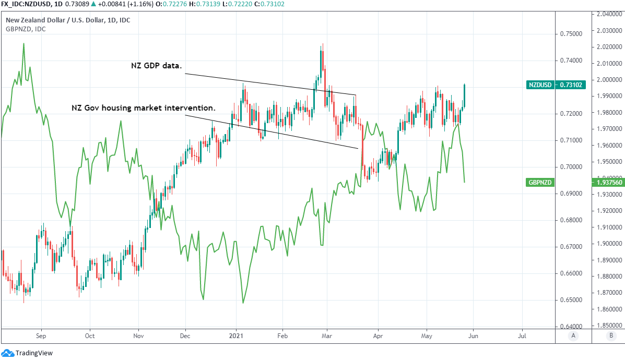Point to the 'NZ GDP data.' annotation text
[x=156, y=66]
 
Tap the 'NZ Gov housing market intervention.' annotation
[x=144, y=108]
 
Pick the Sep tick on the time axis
[x=41, y=337]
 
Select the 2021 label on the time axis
[x=237, y=337]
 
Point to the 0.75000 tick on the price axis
[x=571, y=34]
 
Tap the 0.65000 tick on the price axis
[x=571, y=300]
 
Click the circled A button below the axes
[x=573, y=337]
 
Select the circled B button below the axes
[x=610, y=337]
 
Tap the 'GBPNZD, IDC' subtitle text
[x=26, y=29]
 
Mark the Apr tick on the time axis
[x=378, y=337]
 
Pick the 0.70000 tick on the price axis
[x=571, y=167]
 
